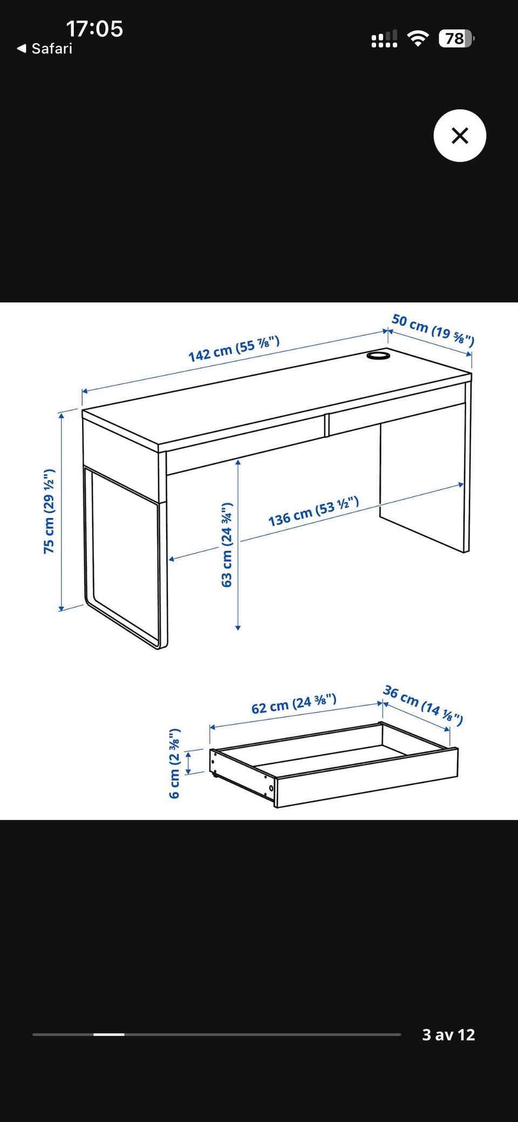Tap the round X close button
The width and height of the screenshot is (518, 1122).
[460, 135]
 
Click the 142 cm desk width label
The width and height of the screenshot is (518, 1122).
[234, 349]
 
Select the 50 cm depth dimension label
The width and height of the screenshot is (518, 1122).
[433, 329]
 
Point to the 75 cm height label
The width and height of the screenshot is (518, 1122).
[49, 511]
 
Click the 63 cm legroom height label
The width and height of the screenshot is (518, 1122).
[227, 545]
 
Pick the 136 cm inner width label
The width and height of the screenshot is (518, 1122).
[313, 512]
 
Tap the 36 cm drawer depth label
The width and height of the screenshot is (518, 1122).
[423, 705]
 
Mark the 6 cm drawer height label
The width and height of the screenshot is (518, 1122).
[175, 763]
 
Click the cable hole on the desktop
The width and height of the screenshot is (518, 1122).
[379, 356]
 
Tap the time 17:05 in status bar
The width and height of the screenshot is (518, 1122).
[94, 29]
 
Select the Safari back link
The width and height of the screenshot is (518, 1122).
[45, 49]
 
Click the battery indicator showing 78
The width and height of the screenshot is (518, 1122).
[456, 38]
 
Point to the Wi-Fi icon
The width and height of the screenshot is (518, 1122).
[418, 38]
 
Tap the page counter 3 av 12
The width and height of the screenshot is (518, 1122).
[448, 1035]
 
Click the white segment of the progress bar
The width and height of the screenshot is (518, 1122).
[109, 1035]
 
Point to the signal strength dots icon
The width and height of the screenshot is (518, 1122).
[384, 38]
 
